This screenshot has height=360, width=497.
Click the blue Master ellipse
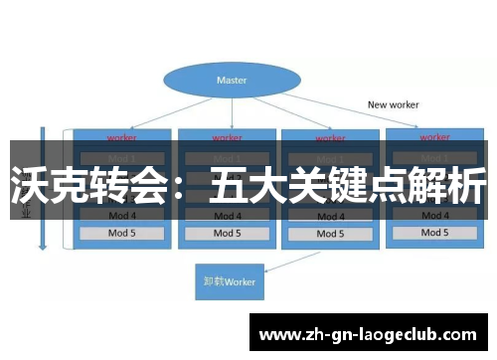[232, 79]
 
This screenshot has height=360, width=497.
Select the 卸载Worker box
[228, 281]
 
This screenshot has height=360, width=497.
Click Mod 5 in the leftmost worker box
[121, 234]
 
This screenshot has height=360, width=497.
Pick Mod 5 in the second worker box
[227, 234]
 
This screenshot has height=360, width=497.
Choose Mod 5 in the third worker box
[331, 234]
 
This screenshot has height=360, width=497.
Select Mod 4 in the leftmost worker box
[121, 215]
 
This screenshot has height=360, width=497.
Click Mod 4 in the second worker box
[227, 215]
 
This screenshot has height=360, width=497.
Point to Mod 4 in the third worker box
[331, 215]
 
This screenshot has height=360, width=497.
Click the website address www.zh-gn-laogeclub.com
[373, 333]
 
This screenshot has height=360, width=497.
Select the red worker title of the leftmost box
[121, 137]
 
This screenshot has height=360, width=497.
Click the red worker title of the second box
[227, 137]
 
